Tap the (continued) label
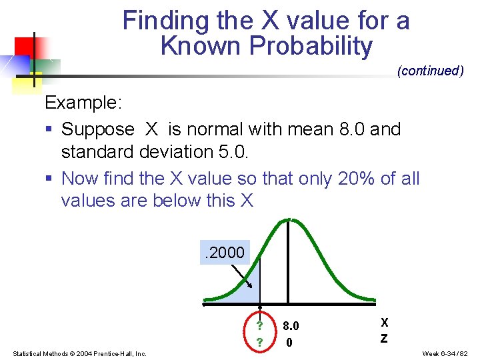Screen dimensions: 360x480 pyautogui.click(x=430, y=71)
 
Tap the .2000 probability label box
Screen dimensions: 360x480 pyautogui.click(x=225, y=253)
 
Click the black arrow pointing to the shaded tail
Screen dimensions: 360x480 pyautogui.click(x=241, y=277)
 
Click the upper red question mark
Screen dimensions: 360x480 pyautogui.click(x=259, y=326)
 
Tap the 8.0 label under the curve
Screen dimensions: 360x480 pyautogui.click(x=291, y=326)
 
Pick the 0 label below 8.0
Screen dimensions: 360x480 pyautogui.click(x=289, y=343)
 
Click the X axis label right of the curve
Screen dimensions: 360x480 pyautogui.click(x=384, y=321)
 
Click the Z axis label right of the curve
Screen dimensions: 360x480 pyautogui.click(x=384, y=338)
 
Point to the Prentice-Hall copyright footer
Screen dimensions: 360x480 pyautogui.click(x=79, y=353)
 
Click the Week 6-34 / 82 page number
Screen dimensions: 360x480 pyautogui.click(x=446, y=353)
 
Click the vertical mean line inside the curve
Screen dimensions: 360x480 pyautogui.click(x=288, y=267)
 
